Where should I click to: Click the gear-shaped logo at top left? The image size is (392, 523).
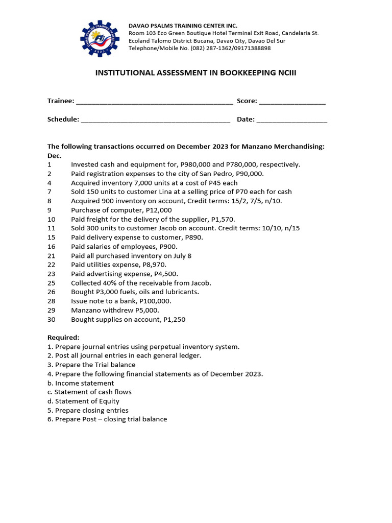tap(100, 39)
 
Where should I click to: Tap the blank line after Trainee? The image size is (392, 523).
tap(154, 102)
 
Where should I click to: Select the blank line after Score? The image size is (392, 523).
tap(292, 102)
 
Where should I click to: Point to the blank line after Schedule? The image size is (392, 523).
tap(155, 120)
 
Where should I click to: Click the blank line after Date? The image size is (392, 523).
tap(291, 120)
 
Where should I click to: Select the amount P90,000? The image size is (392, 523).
tap(249, 174)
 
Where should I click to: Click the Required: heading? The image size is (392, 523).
tap(63, 338)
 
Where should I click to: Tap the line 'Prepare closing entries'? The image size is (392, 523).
tap(91, 410)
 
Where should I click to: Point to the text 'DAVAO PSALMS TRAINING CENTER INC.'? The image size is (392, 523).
tap(183, 26)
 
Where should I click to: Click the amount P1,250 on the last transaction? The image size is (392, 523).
tap(174, 320)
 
